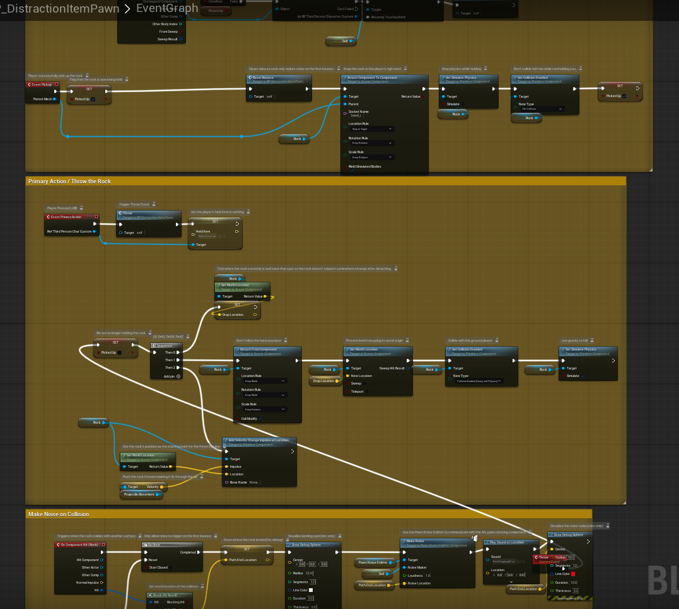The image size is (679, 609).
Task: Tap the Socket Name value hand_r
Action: (357, 115)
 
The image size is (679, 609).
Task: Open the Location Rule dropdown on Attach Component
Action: (372, 129)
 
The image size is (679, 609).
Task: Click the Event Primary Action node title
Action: (66, 216)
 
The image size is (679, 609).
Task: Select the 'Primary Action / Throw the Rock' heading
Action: (69, 182)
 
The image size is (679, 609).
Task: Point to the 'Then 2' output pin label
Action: (170, 368)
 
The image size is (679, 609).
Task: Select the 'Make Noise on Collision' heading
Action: (59, 514)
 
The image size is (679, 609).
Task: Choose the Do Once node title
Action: (154, 545)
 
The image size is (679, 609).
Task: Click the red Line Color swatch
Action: (573, 574)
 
